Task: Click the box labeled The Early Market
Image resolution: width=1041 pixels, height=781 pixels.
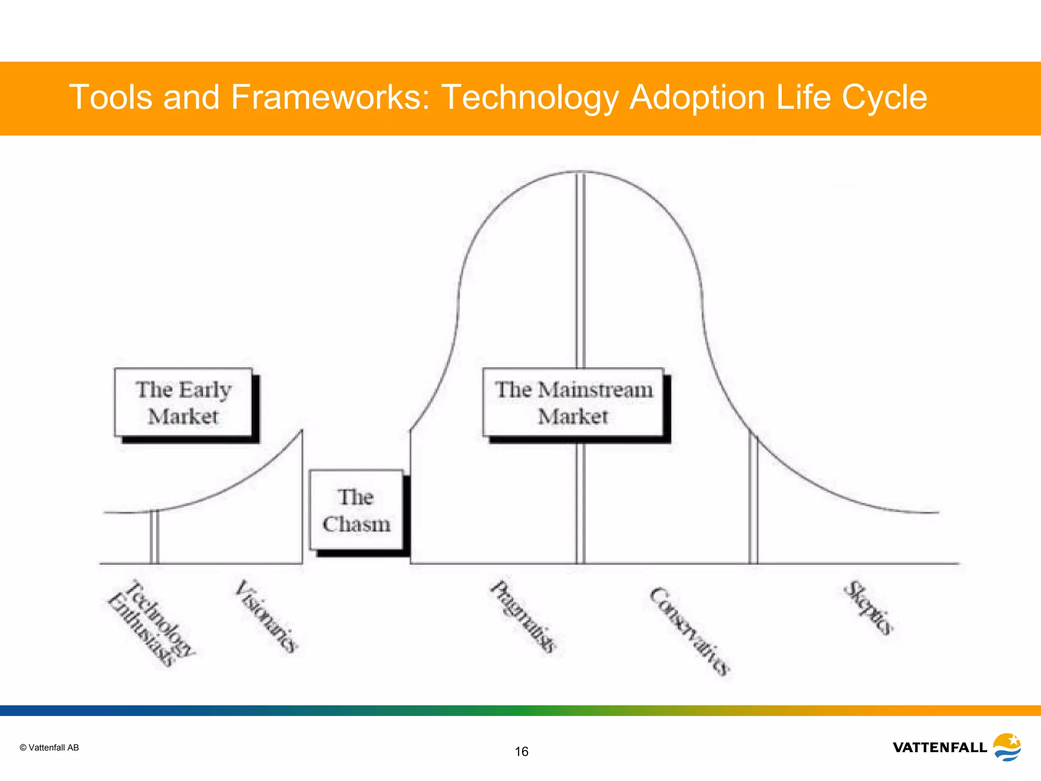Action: (x=183, y=402)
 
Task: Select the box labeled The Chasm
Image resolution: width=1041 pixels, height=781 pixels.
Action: (x=356, y=510)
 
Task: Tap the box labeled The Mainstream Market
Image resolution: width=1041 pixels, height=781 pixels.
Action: (x=573, y=402)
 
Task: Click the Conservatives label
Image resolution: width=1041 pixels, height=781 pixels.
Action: (x=690, y=631)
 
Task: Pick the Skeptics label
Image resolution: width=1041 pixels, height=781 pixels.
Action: (x=868, y=608)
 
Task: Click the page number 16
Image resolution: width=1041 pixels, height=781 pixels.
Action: (x=522, y=752)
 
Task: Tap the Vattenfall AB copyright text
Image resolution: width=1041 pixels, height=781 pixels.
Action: (x=49, y=747)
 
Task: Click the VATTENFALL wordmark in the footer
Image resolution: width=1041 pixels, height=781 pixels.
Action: (x=939, y=747)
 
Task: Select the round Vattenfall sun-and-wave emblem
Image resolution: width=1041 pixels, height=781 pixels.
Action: (x=1006, y=747)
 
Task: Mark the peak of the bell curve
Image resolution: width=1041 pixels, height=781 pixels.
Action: (x=580, y=172)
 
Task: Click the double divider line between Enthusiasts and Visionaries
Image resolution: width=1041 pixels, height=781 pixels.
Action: (x=155, y=537)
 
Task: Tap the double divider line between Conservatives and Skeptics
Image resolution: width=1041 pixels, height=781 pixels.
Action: (x=753, y=501)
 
